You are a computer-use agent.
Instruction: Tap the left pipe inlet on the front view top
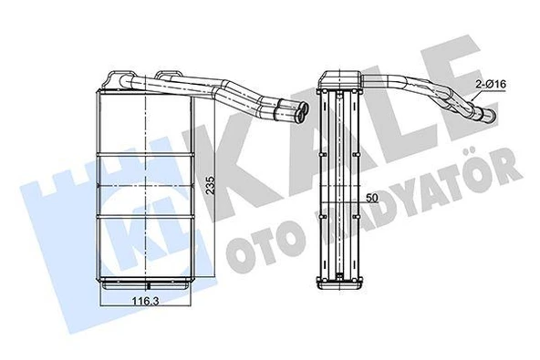[x=119, y=77]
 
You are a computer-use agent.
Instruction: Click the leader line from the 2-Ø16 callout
[x=475, y=98]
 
